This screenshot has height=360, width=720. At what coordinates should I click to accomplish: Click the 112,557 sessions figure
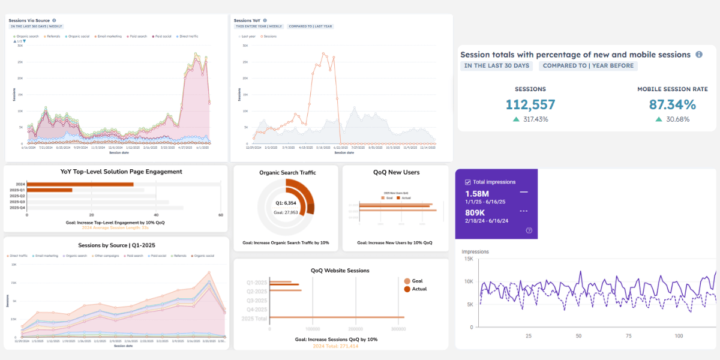click(x=530, y=104)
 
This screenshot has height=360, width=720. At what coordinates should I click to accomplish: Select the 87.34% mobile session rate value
click(x=672, y=104)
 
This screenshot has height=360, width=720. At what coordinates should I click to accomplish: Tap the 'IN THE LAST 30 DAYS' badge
click(x=497, y=66)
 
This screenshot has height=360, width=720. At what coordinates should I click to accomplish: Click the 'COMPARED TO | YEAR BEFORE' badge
click(x=588, y=66)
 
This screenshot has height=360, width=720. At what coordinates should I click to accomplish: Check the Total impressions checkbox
click(x=468, y=182)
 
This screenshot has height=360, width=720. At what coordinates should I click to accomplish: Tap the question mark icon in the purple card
click(x=529, y=230)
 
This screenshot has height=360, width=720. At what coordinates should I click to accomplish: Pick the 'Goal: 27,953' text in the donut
click(x=286, y=212)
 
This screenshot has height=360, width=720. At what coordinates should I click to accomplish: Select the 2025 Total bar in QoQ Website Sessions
click(x=337, y=317)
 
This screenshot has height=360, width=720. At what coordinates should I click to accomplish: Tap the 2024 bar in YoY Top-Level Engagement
click(x=80, y=184)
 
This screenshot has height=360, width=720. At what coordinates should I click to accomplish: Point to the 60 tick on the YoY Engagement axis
click(x=221, y=215)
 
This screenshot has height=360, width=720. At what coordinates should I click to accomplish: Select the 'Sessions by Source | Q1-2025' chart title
click(x=116, y=245)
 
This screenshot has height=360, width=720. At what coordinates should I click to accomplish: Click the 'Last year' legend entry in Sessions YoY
click(x=248, y=37)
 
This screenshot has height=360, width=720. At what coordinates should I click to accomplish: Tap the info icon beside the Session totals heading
click(x=699, y=55)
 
